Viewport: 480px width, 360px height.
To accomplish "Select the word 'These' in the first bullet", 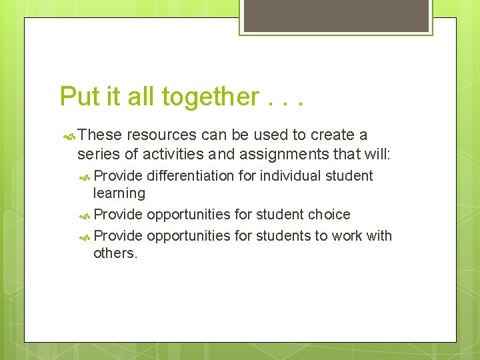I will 100,135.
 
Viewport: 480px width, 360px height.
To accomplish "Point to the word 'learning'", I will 119,193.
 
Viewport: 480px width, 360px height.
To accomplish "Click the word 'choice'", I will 329,214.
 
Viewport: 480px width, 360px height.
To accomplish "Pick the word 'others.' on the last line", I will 115,253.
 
